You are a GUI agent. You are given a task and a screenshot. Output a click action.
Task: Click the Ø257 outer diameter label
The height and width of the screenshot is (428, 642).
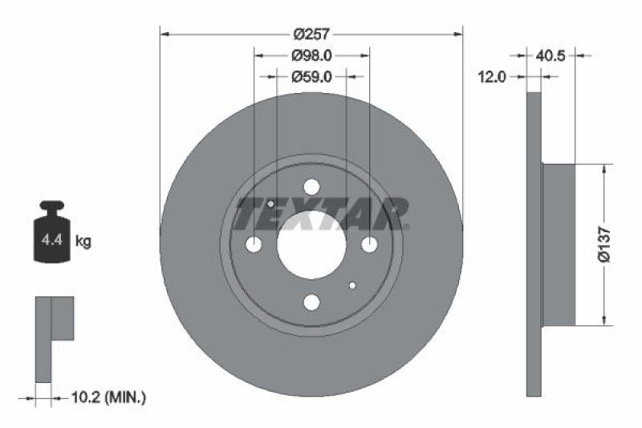pos(312,34)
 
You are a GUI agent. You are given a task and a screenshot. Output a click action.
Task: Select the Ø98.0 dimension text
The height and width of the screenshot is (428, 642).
pos(312,55)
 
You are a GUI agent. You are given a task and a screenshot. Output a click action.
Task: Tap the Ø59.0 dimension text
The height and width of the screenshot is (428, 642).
pos(312,77)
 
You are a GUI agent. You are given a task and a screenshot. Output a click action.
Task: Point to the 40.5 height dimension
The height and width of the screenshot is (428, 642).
pos(551,55)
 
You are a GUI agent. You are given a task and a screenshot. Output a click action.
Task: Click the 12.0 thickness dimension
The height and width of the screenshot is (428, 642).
pos(491,77)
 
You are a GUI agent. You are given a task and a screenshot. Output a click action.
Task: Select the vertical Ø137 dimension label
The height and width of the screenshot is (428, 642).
pos(606,244)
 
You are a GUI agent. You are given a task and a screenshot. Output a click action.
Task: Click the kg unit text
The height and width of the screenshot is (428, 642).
pos(83,240)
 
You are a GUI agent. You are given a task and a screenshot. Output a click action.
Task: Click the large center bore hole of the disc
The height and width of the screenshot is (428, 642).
pos(311,244)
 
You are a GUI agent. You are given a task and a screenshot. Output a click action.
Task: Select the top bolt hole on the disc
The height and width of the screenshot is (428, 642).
pos(311,187)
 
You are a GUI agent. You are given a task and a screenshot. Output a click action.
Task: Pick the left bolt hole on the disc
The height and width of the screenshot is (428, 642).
pos(254,244)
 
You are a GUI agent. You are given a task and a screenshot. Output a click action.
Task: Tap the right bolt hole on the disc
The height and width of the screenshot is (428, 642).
pos(369,244)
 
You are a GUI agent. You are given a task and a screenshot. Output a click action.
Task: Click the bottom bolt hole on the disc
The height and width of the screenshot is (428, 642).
pos(311,302)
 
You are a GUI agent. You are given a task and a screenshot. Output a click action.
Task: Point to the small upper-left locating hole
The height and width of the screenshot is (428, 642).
pos(271,204)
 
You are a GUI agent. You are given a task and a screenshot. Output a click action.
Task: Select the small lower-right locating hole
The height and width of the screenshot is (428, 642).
pos(352,285)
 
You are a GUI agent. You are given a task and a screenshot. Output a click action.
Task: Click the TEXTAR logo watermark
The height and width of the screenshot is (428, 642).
pos(321,213)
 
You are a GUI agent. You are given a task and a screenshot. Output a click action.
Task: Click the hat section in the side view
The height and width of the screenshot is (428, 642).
pos(559,244)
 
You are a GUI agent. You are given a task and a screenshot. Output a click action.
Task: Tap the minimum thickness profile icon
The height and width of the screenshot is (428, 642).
pos(53,337)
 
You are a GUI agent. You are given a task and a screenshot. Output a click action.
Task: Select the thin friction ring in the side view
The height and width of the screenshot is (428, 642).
pos(534,244)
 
